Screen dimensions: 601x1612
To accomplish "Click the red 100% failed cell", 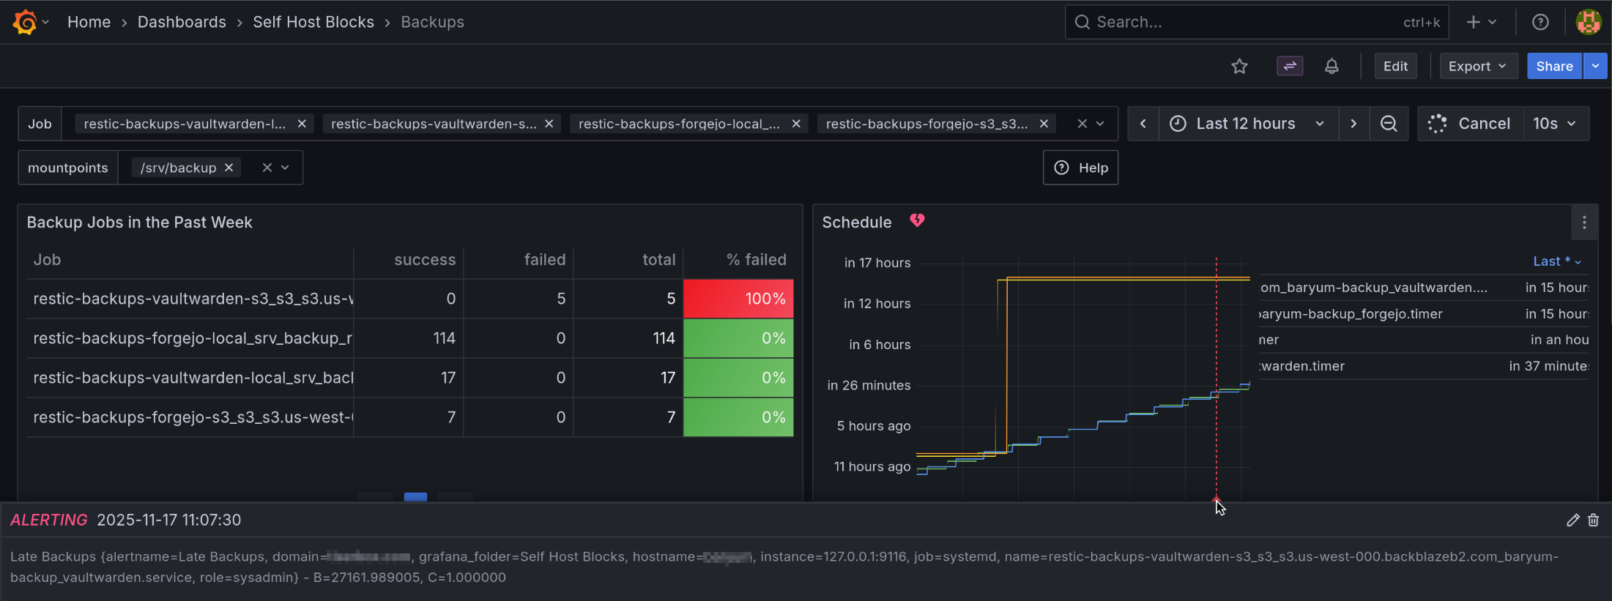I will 738,299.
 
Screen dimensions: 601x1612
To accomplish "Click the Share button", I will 1554,66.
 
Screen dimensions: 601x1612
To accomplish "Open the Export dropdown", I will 1477,66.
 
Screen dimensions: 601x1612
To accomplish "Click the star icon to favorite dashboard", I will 1239,67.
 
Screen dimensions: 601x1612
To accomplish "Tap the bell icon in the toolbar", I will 1331,67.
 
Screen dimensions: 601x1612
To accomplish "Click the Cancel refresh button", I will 1471,124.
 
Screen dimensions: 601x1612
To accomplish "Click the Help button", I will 1080,168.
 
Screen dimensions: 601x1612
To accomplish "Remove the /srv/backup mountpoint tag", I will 229,168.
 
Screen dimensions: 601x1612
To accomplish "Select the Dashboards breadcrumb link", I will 182,22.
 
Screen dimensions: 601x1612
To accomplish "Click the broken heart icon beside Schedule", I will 917,220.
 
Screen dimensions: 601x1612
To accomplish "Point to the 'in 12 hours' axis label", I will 877,304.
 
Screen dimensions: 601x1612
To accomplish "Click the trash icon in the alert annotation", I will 1593,520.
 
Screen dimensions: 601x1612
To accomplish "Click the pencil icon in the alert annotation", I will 1572,520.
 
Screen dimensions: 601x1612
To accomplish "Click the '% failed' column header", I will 756,260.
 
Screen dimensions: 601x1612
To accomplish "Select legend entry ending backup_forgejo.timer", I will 1351,314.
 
